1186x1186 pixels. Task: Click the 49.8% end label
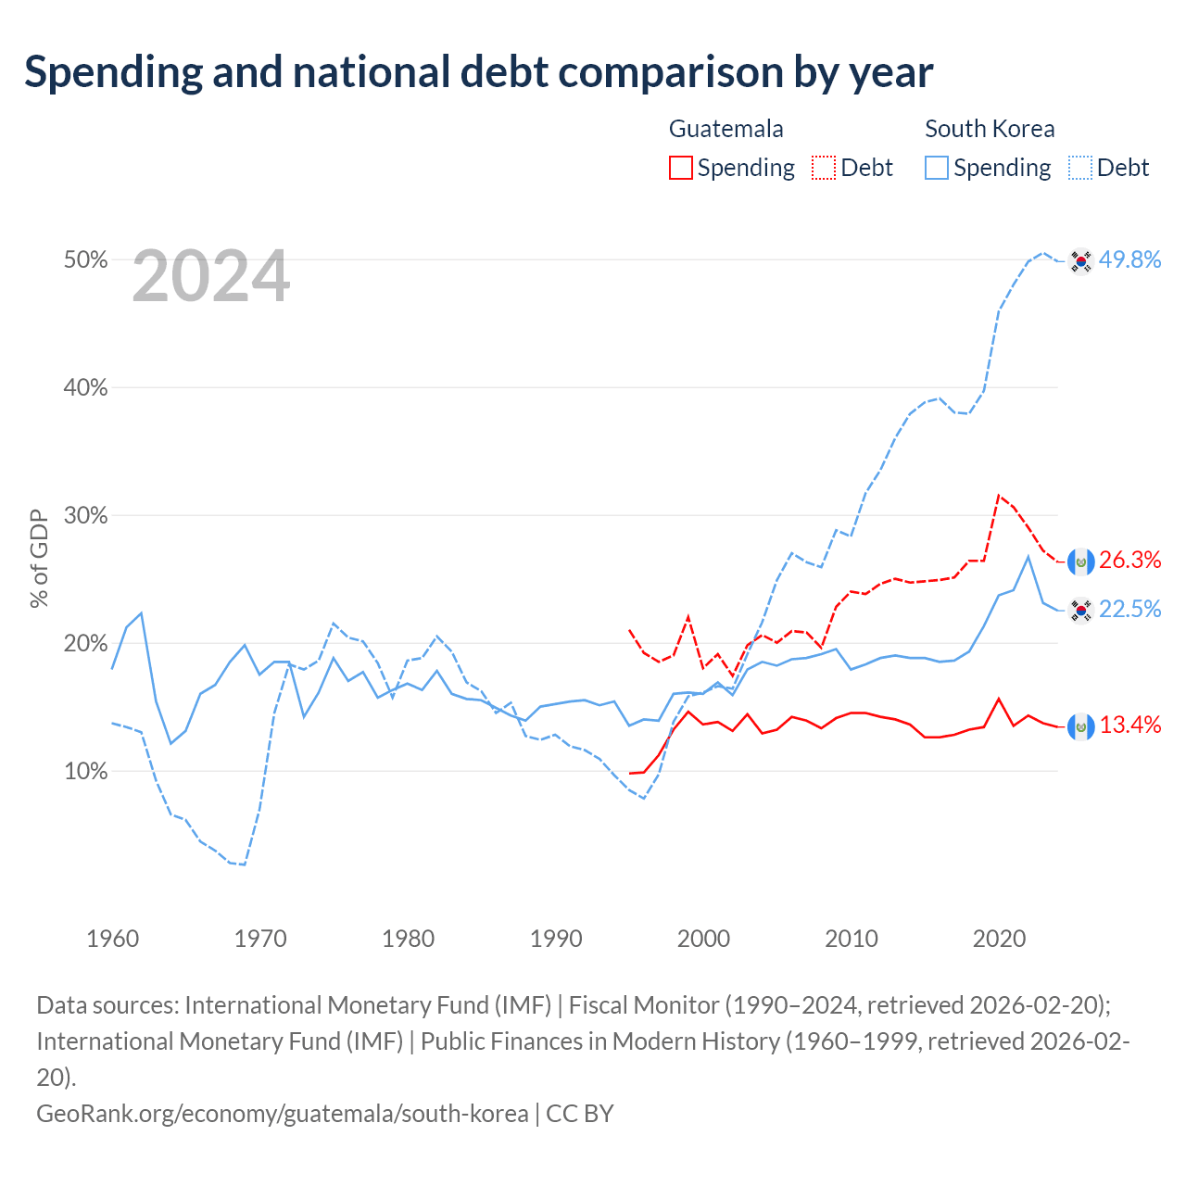click(x=1129, y=259)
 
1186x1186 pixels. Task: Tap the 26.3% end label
click(x=1129, y=560)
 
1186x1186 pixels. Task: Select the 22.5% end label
click(x=1129, y=610)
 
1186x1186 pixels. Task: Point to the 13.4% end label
click(x=1129, y=725)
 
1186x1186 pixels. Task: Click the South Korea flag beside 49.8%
click(x=1080, y=261)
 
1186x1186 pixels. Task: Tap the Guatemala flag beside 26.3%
click(x=1080, y=561)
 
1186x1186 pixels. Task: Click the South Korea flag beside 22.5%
click(x=1080, y=611)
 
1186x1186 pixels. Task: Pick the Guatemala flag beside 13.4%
click(x=1080, y=726)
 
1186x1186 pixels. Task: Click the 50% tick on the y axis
click(x=85, y=259)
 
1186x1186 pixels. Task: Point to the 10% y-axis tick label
click(x=85, y=771)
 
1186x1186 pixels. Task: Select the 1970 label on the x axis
click(x=260, y=940)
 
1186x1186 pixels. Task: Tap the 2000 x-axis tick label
click(x=703, y=940)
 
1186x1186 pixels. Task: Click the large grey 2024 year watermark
click(x=211, y=276)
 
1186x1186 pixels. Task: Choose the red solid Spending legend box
click(x=681, y=168)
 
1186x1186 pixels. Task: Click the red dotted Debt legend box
click(x=824, y=168)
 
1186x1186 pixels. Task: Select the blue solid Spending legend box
click(x=936, y=168)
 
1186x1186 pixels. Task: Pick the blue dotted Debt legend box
click(x=1079, y=168)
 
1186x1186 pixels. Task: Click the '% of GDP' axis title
click(x=39, y=559)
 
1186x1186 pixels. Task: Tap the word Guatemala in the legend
click(x=726, y=129)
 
